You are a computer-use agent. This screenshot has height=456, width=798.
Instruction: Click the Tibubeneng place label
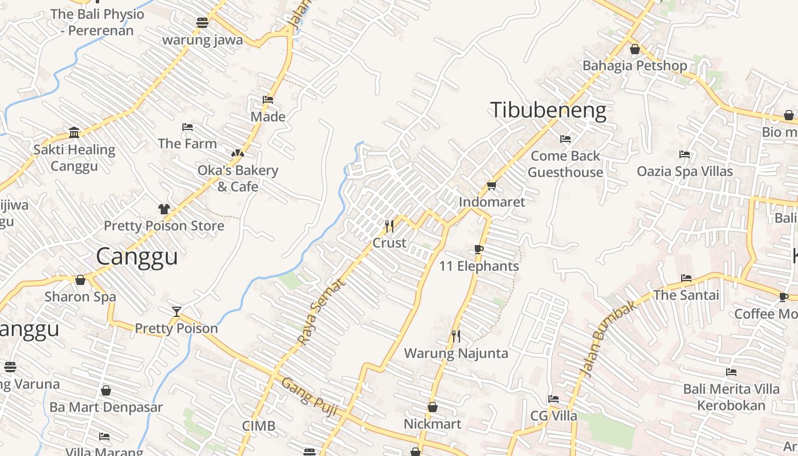pos(548,110)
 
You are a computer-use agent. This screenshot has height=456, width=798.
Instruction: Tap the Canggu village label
pos(137,256)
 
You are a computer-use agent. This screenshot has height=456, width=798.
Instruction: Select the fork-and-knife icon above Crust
pos(389,226)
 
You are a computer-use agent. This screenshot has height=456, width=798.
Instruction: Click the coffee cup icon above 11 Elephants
pos(479,249)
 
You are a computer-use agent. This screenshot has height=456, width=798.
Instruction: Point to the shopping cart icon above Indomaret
pos(492,185)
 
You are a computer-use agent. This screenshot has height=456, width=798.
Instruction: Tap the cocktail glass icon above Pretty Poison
pos(177,311)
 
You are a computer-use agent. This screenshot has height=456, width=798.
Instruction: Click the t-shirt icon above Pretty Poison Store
pos(164,209)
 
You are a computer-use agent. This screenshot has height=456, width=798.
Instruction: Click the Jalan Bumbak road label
pos(608,339)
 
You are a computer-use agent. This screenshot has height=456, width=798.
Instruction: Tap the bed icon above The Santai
pos(686,278)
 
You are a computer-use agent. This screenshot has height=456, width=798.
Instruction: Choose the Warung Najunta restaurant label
pos(455,353)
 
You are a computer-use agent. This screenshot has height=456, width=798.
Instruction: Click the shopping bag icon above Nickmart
pos(433,407)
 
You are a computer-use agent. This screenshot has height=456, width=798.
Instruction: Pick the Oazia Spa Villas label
pos(685,171)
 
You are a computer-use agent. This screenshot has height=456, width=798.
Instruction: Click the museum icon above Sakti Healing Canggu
pos(74,132)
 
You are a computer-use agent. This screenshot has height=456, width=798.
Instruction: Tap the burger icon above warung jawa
pos(202,23)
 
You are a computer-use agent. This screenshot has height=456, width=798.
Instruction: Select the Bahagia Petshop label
pos(634,66)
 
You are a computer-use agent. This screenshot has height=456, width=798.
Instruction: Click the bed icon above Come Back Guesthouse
pos(565,139)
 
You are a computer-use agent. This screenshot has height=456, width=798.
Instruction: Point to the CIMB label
pos(259,426)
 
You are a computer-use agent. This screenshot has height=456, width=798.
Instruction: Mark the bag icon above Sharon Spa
pos(80,280)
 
